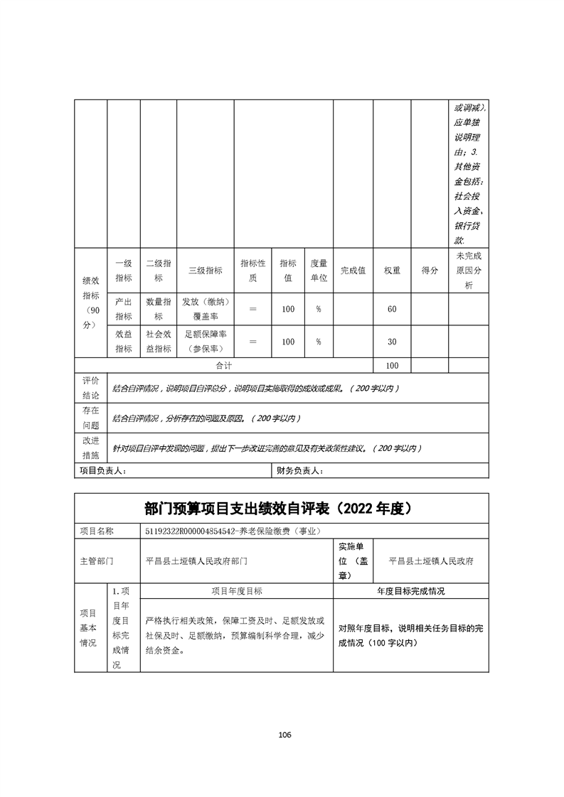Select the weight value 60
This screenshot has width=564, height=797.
(x=392, y=309)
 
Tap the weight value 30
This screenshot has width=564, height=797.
(x=392, y=342)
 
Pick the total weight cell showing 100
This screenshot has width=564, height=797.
(x=392, y=365)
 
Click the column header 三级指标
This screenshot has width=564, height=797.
(x=205, y=270)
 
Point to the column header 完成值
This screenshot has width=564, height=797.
(x=353, y=270)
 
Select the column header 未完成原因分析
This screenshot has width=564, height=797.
(x=468, y=270)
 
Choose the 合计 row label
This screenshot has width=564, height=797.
(x=225, y=365)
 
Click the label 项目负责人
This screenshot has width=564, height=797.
(x=102, y=471)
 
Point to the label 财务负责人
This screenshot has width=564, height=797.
(x=300, y=471)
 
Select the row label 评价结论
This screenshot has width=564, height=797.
(x=91, y=388)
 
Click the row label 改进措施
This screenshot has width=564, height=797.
(x=91, y=448)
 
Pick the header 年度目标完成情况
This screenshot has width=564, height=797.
(x=411, y=591)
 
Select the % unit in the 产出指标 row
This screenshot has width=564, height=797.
(x=319, y=309)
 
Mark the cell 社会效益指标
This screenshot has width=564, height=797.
(x=159, y=342)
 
